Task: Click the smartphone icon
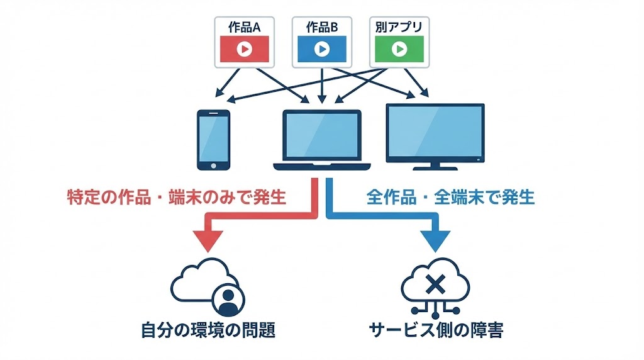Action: pyautogui.click(x=213, y=140)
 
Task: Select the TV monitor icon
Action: pyautogui.click(x=435, y=133)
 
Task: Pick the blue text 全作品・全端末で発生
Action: pyautogui.click(x=450, y=198)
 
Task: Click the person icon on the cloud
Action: pyautogui.click(x=228, y=301)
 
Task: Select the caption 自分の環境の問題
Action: pyautogui.click(x=208, y=330)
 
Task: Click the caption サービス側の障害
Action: pyautogui.click(x=436, y=330)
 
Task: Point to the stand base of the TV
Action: pyautogui.click(x=435, y=167)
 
